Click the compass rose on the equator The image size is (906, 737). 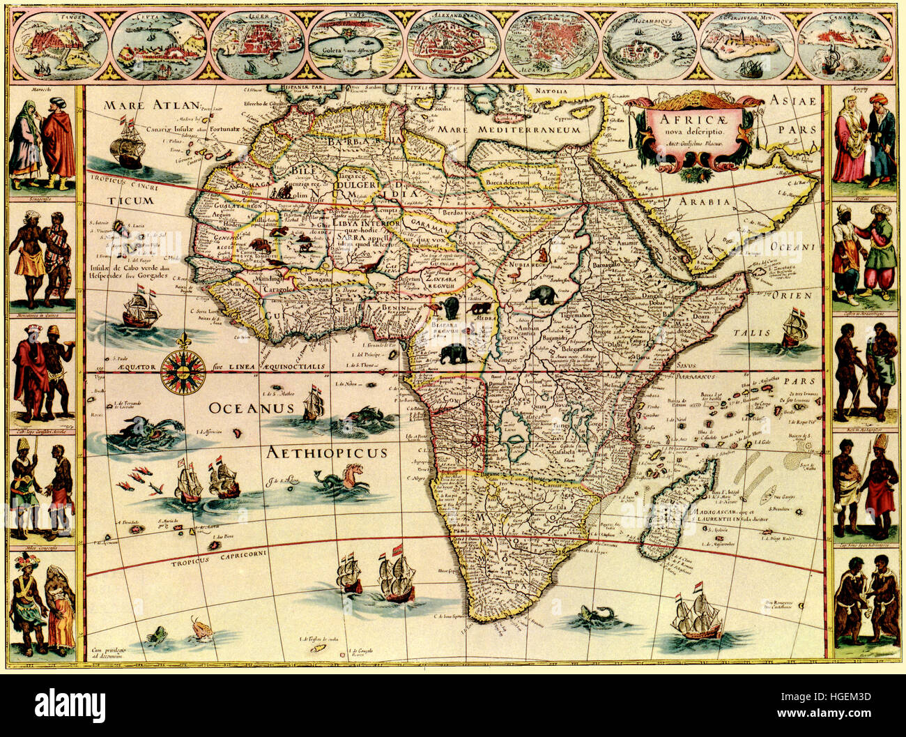[x=183, y=369]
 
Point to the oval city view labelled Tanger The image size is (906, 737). [x=59, y=45]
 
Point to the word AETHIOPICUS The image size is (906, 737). [x=327, y=453]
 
